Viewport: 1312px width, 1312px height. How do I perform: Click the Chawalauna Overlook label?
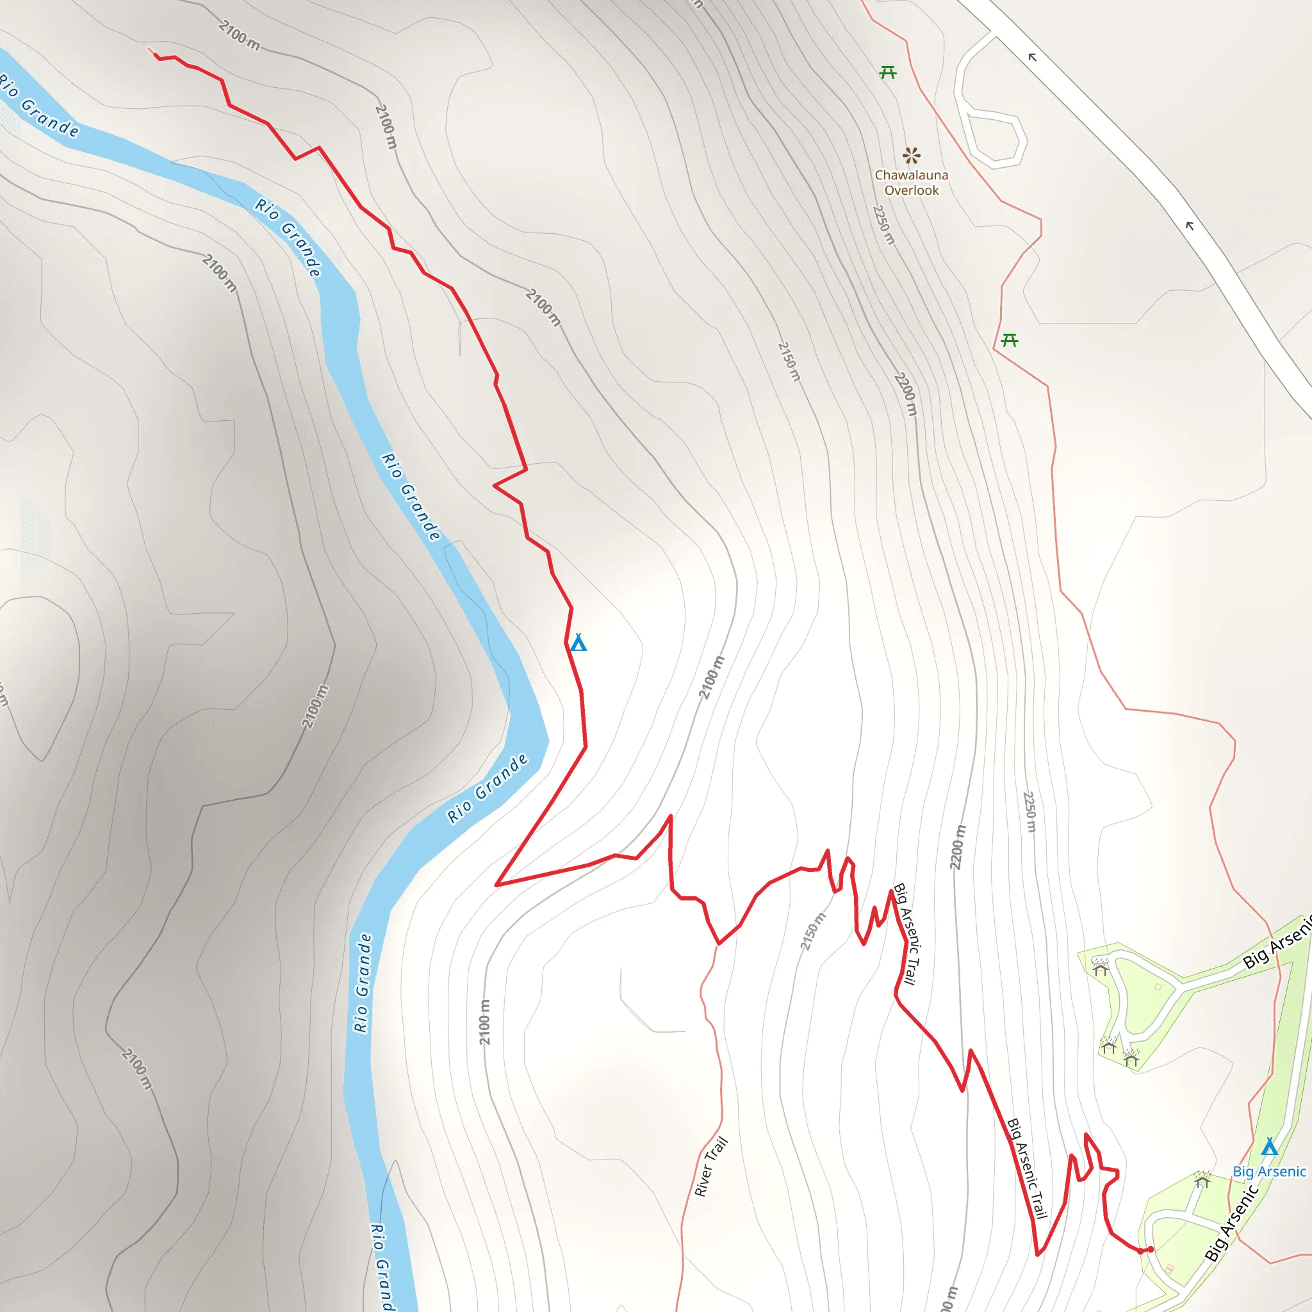pos(912,183)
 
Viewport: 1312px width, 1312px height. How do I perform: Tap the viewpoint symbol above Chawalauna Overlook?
pos(912,156)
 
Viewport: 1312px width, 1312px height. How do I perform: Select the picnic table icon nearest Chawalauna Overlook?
pos(887,72)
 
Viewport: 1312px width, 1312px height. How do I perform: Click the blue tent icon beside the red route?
pos(578,642)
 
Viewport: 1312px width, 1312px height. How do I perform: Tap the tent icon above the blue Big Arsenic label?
pos(1269,1147)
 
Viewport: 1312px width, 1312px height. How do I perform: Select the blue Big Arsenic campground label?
pos(1269,1172)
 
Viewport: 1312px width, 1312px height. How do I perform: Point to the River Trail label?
pos(711,1167)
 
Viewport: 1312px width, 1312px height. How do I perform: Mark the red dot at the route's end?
pos(1151,1249)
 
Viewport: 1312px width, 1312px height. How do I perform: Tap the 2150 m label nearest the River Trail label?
pos(813,931)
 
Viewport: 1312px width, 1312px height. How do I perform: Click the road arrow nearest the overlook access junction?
pos(1032,57)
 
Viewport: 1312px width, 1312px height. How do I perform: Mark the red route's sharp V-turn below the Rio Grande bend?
pos(497,885)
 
